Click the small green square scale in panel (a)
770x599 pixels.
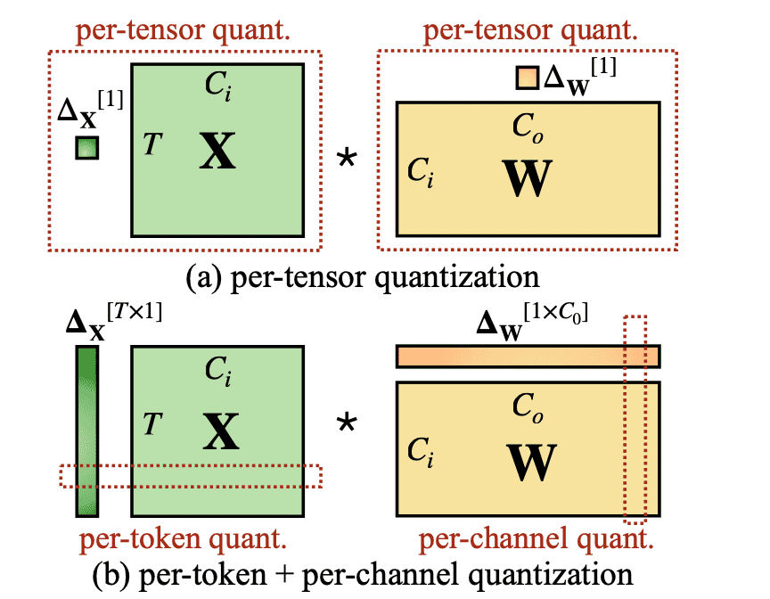click(86, 147)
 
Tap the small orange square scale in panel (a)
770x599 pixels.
click(527, 78)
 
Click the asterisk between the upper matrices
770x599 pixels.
click(344, 160)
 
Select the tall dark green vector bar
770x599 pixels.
click(86, 431)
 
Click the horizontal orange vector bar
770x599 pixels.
click(528, 356)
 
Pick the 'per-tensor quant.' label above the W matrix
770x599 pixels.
click(530, 29)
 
